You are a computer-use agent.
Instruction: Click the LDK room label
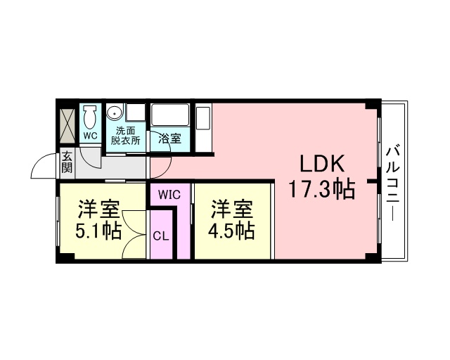pos(322,163)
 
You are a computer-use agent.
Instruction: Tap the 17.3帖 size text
pos(322,189)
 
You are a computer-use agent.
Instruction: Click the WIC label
pos(169,195)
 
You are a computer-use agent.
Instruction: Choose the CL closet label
pos(161,236)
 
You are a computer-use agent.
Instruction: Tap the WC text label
pos(91,136)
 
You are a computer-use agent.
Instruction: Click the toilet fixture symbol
pos(90,117)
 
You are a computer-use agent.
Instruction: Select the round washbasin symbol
pos(115,112)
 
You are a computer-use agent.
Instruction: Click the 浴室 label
pos(170,139)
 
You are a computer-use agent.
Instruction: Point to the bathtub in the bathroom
pos(170,115)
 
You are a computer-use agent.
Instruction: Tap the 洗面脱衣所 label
pos(125,136)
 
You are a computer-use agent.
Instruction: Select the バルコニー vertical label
pos(392,184)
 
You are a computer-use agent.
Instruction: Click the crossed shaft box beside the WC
pos(67,125)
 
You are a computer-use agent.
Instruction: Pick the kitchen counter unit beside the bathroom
pos(203,128)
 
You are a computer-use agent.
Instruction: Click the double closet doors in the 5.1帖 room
pos(135,234)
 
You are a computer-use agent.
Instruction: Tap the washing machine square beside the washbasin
pos(135,112)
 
